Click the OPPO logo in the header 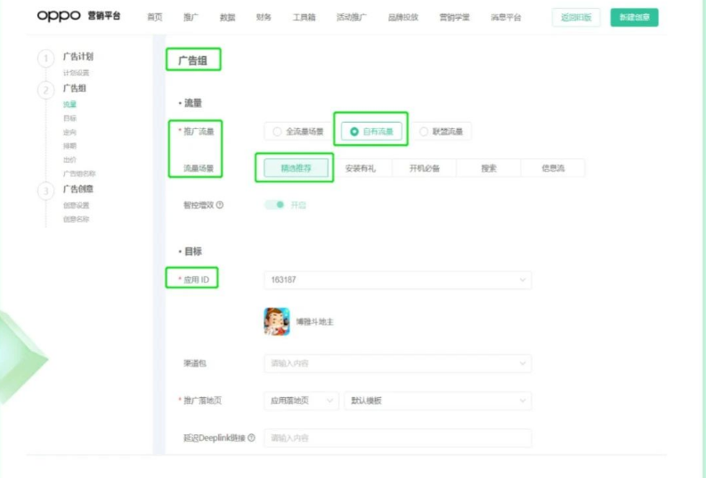click(x=59, y=16)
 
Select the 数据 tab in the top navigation click(x=227, y=17)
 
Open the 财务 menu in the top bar click(x=264, y=17)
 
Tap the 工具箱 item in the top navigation click(x=304, y=17)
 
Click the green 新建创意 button click(x=634, y=17)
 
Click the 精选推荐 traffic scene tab click(x=295, y=167)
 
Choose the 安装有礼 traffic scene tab click(x=360, y=167)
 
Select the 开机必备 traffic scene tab click(x=424, y=167)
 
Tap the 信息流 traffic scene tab click(x=553, y=167)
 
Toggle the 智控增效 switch click(x=275, y=205)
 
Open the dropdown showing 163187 click(x=397, y=280)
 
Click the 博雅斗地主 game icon click(x=277, y=321)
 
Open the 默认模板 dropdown click(x=437, y=401)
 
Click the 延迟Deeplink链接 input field click(x=397, y=438)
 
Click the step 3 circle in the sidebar click(x=45, y=190)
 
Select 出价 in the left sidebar click(x=69, y=159)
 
